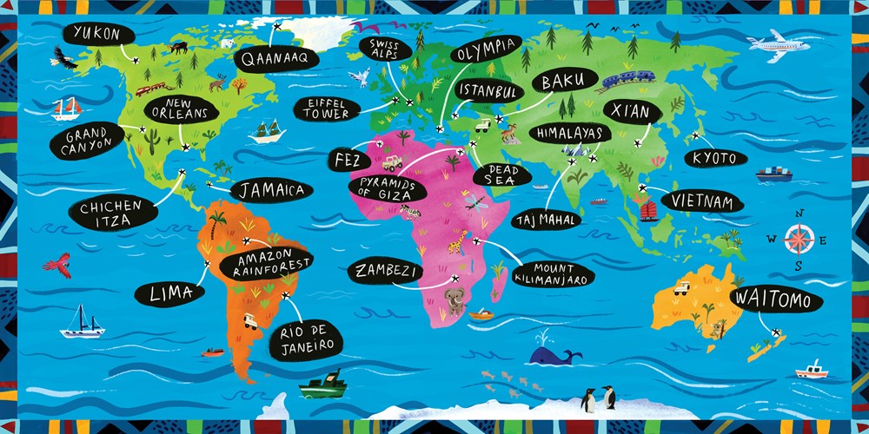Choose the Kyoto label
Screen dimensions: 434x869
[714, 158]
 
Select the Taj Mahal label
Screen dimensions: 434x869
[545, 220]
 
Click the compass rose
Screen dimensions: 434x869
[798, 239]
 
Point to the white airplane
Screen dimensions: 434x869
[778, 42]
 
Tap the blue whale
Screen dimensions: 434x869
[553, 354]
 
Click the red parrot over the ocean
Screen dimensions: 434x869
[57, 263]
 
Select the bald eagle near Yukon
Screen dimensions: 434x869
[63, 58]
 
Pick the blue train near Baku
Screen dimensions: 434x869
[628, 80]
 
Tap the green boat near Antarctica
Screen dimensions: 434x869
[322, 383]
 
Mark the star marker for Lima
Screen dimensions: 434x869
[207, 264]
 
